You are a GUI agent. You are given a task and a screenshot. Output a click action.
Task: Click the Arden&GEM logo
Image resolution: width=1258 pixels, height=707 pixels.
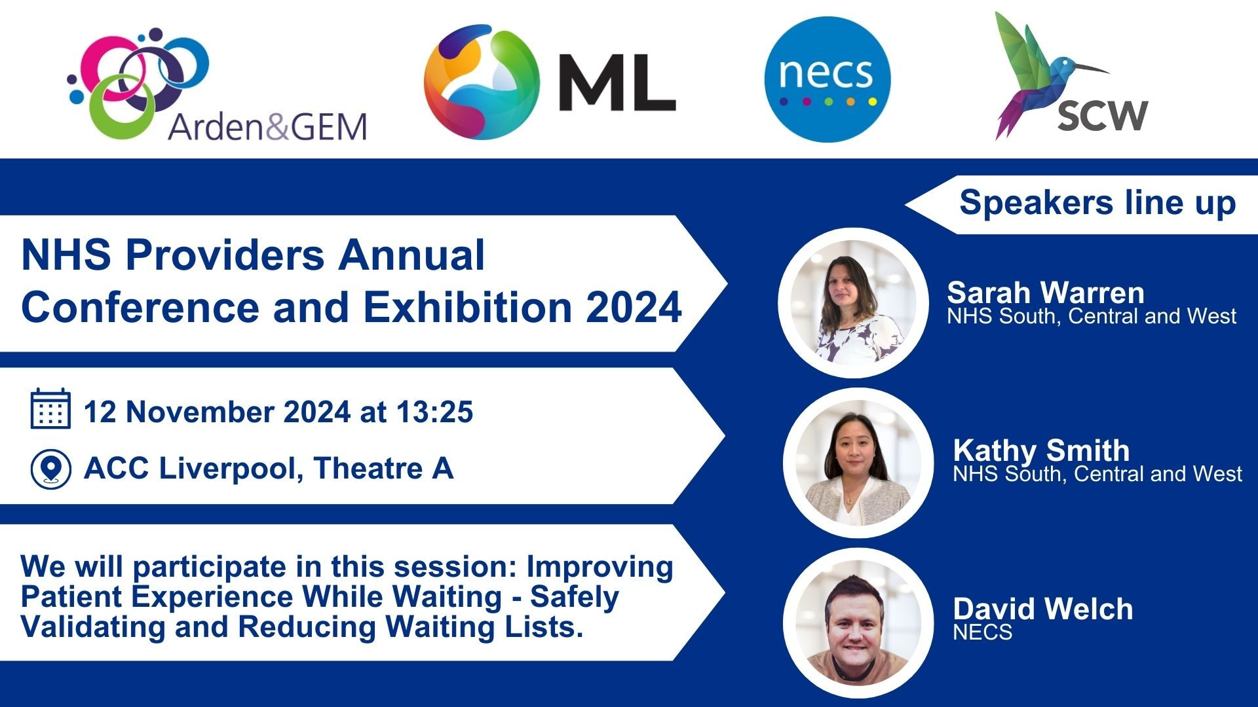(216, 85)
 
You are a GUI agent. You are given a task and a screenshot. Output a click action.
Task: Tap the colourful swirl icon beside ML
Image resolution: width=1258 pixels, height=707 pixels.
(482, 82)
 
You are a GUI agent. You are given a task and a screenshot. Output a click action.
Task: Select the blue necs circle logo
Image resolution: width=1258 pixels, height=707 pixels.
(828, 79)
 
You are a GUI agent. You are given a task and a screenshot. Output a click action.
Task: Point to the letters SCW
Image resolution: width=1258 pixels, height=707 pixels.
(1102, 117)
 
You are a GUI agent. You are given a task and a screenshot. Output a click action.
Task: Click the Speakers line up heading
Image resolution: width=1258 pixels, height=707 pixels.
(1097, 202)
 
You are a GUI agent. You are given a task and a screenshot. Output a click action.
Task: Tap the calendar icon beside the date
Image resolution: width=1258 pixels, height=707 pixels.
(50, 409)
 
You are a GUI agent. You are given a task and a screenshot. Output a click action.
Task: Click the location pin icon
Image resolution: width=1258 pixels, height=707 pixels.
(50, 469)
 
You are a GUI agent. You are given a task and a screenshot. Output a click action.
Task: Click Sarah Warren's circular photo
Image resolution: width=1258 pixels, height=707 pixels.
(852, 302)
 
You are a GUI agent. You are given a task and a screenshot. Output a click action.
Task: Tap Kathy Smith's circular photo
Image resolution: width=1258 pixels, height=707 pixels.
(858, 462)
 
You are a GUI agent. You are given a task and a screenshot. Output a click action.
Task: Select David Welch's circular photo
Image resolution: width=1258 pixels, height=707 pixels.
(858, 623)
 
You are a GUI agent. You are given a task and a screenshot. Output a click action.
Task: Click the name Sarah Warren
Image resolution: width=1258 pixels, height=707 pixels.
(1045, 292)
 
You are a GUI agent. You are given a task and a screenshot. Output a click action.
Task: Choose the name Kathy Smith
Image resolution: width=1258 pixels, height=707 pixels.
(1041, 450)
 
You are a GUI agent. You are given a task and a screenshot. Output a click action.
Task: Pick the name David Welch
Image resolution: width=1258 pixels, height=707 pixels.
(1042, 609)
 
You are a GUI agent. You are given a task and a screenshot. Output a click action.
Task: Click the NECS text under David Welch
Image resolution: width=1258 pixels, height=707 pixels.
(982, 632)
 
